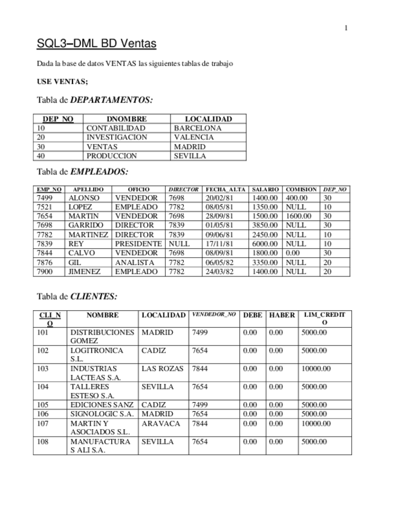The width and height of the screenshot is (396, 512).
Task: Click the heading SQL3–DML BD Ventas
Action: point(96,43)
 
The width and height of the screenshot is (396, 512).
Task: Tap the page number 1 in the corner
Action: point(346,28)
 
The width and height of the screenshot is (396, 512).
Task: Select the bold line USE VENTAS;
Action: point(62,82)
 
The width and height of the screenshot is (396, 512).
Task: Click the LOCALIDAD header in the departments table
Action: point(208,120)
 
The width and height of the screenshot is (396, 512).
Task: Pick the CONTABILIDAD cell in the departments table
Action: point(116,129)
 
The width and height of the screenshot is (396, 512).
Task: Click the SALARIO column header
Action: point(265,190)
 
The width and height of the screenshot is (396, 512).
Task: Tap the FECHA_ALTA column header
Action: point(226,190)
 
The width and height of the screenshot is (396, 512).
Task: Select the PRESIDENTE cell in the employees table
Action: point(138,244)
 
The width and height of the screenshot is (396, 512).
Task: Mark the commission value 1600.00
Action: point(298,216)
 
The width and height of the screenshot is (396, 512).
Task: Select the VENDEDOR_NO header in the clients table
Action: point(213,315)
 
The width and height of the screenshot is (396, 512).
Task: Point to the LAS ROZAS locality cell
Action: point(161,368)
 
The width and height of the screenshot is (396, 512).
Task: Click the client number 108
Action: point(43,442)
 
